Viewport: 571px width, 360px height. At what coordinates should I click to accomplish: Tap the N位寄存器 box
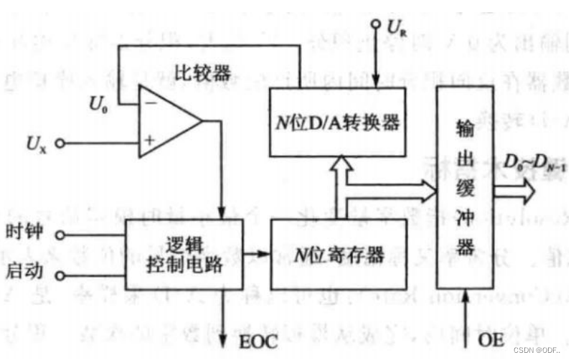tap(338, 254)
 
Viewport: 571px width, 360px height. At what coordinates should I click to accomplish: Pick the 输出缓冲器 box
tap(466, 189)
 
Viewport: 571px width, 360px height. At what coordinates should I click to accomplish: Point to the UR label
tap(397, 28)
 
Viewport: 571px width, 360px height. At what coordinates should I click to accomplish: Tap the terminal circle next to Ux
tap(60, 143)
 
